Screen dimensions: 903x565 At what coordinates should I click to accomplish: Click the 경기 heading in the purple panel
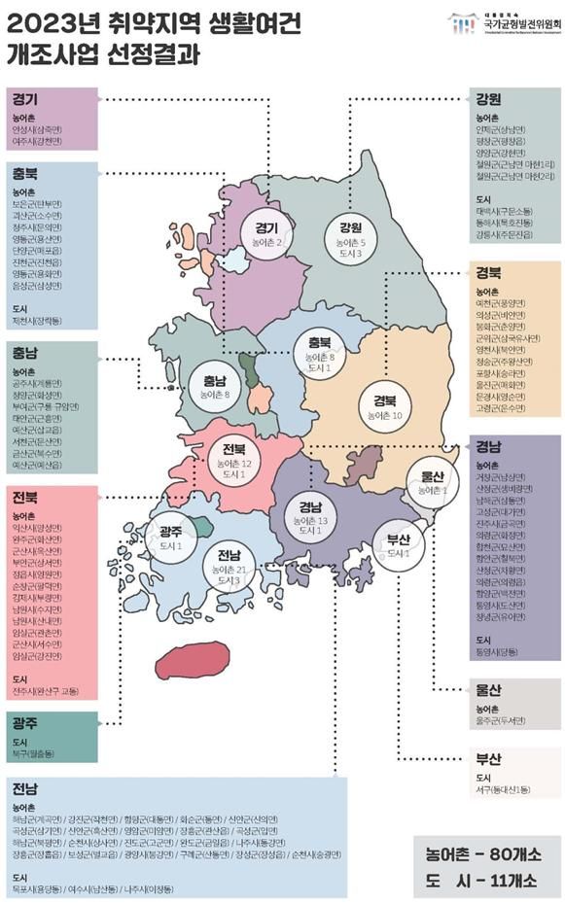coord(25,98)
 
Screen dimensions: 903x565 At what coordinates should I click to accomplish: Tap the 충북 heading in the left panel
coord(25,174)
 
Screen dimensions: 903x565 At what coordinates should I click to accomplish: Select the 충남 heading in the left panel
coord(25,352)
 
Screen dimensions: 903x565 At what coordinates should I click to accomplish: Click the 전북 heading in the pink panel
coord(25,497)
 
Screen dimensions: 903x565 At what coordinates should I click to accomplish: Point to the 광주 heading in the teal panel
coord(25,723)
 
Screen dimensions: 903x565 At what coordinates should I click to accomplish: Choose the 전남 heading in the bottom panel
coord(25,785)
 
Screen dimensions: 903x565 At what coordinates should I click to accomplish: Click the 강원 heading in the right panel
coord(489,98)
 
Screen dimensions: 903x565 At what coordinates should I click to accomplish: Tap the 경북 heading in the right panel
coord(489,272)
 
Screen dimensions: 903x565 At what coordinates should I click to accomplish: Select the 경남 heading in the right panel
coord(489,448)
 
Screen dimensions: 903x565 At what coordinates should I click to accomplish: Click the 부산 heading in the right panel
coord(489,757)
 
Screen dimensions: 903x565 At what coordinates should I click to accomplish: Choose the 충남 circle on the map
coord(215,386)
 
